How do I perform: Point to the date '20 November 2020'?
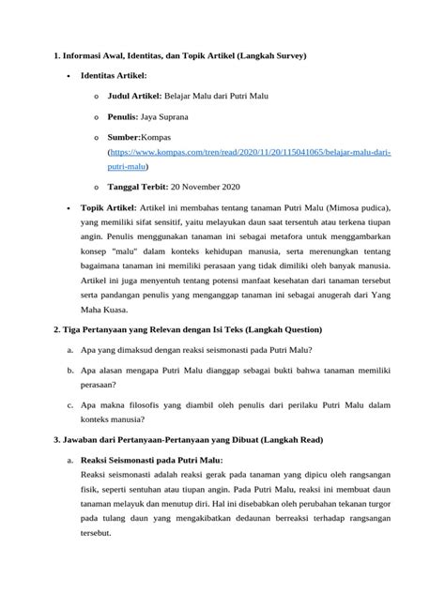(x=215, y=186)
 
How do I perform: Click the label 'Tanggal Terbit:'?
(x=143, y=186)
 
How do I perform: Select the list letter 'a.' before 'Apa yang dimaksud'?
(x=70, y=349)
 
